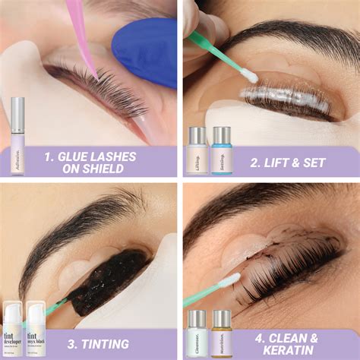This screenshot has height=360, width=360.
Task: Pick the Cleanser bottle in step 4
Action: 197,331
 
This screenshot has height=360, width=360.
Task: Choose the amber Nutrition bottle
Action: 222,331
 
